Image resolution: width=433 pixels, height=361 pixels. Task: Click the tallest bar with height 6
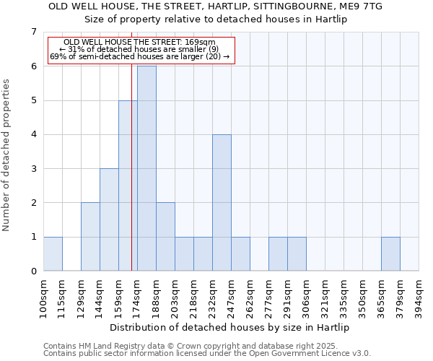click(146, 168)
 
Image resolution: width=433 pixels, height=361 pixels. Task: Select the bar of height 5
click(128, 186)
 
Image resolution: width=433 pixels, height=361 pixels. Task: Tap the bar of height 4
click(222, 202)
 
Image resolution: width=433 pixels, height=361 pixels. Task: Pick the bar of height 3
click(109, 219)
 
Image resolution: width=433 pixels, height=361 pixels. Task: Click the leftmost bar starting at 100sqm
click(53, 253)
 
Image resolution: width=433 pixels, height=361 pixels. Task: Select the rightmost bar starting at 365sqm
click(390, 253)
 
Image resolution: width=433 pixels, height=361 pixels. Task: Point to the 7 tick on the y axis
click(33, 32)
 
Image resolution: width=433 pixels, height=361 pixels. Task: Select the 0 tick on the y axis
click(33, 271)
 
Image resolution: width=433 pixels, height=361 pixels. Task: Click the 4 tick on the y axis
click(33, 134)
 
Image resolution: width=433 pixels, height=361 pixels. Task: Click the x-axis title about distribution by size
click(230, 327)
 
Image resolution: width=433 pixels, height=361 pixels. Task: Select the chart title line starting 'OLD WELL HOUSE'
click(215, 6)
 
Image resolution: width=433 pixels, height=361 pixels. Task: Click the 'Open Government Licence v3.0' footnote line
click(207, 354)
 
